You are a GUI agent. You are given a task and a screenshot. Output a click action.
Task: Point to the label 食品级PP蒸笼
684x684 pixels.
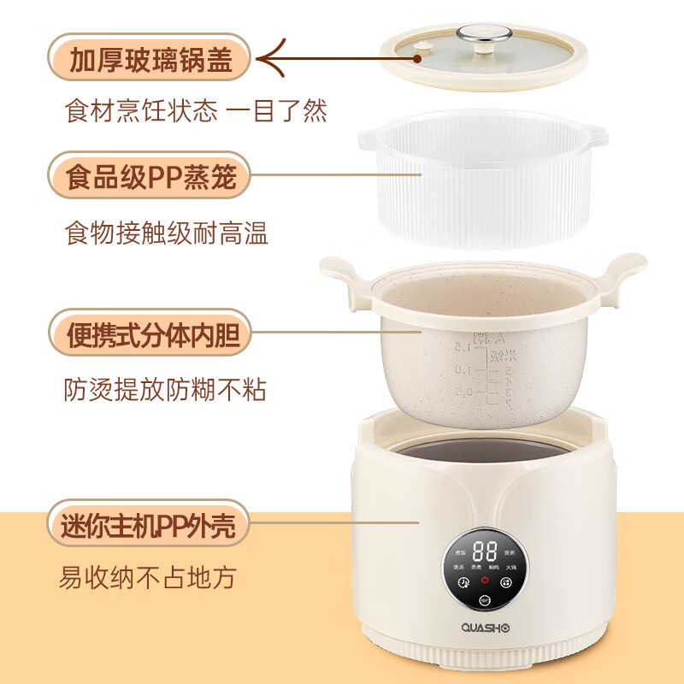point(150,179)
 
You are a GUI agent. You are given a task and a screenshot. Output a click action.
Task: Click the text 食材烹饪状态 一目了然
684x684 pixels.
point(196,112)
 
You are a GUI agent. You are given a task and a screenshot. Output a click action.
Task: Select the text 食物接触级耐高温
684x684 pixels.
point(167,233)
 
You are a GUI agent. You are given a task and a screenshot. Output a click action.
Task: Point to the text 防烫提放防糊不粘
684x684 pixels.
point(166,390)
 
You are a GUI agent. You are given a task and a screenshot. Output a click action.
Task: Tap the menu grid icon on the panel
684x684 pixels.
point(506,583)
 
